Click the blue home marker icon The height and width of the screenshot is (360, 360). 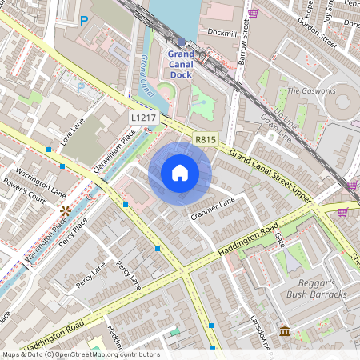(x=180, y=173)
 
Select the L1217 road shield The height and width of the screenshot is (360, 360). (x=145, y=118)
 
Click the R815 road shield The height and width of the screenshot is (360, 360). (x=206, y=140)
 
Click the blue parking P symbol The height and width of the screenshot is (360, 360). (x=83, y=21)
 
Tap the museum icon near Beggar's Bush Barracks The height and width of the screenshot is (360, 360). (x=286, y=331)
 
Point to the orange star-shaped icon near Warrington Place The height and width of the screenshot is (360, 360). (x=65, y=210)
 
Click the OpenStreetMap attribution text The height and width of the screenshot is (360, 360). (x=80, y=354)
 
